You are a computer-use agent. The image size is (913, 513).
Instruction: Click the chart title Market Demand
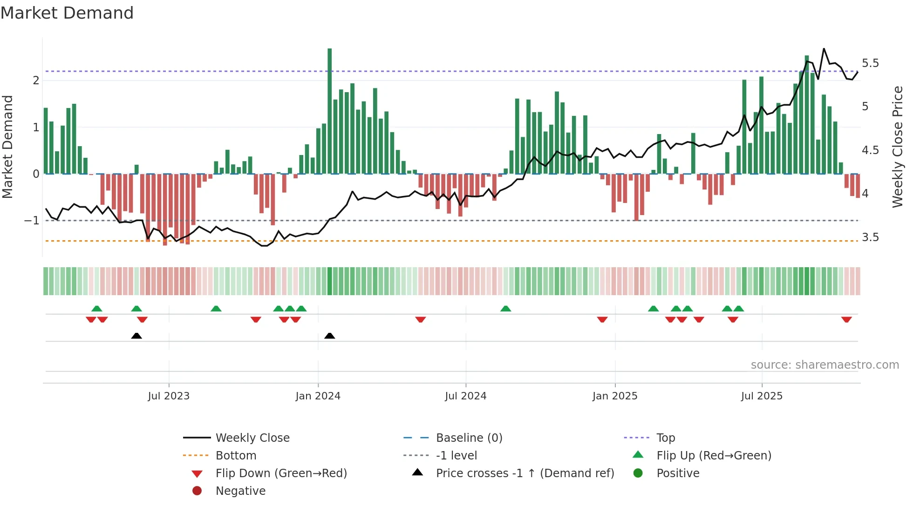pos(67,13)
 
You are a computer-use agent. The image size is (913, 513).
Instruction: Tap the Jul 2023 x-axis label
pos(169,396)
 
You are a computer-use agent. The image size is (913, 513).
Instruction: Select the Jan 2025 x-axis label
pos(615,396)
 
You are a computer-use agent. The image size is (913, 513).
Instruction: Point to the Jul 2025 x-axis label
pos(762,396)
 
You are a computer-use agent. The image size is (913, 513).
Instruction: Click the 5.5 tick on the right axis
pos(870,63)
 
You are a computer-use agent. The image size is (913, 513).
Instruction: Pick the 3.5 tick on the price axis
pos(870,237)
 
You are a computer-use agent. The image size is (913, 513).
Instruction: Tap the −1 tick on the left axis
pos(32,221)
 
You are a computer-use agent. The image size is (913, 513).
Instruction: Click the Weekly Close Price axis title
pos(897,147)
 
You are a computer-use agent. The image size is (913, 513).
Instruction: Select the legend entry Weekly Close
pos(252,438)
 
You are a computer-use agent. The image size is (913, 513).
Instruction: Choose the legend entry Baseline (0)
pos(469,438)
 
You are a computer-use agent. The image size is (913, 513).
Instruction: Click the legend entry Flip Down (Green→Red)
pos(281,473)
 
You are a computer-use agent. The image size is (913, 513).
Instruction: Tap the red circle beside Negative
pos(197,491)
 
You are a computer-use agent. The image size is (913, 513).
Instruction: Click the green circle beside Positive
pos(638,473)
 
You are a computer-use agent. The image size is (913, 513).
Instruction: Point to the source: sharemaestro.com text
pos(824,365)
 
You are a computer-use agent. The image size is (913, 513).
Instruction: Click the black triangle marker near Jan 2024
pos(329,336)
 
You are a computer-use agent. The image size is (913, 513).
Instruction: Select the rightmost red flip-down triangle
pos(846,319)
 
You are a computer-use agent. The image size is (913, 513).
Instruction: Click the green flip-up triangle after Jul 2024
pos(505,309)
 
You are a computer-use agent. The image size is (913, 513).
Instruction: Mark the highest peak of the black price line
pos(824,49)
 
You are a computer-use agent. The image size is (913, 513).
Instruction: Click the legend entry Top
pos(666,438)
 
